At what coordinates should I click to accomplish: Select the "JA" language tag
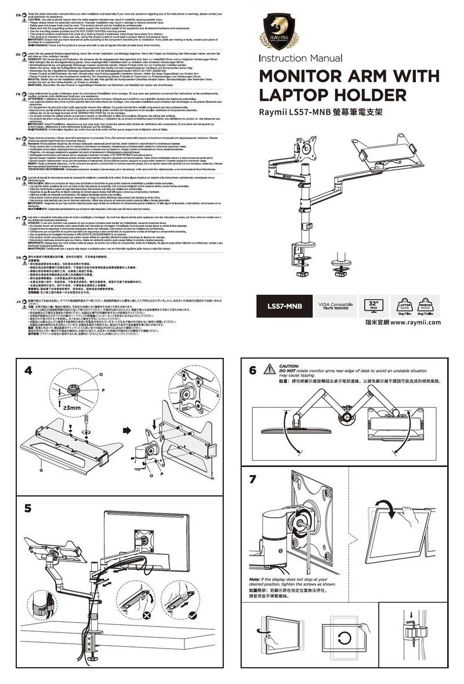click(18, 302)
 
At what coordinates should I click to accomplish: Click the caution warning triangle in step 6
click(270, 370)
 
